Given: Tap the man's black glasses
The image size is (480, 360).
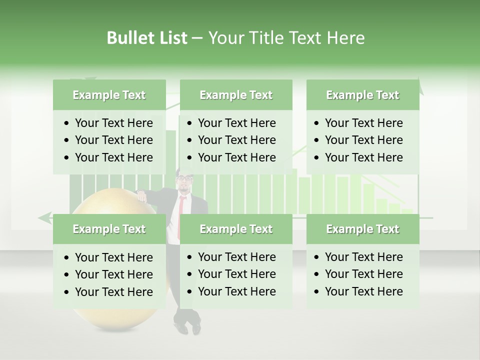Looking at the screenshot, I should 184,178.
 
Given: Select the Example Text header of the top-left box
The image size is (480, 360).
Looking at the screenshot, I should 109,95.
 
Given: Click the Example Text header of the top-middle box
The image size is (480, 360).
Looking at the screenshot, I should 236,95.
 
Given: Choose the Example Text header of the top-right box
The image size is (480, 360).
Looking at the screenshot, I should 362,95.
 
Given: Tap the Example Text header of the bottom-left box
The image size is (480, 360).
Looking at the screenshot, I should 109,229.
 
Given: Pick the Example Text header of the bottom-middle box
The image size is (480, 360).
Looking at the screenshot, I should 236,229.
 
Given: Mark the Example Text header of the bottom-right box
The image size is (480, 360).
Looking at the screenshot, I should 362,229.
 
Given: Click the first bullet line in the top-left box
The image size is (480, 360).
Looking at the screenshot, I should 113,123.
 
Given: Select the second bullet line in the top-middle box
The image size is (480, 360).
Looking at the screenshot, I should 236,140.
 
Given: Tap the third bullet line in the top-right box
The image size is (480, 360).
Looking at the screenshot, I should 363,157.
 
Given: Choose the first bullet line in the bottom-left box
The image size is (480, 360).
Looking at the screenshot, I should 113,257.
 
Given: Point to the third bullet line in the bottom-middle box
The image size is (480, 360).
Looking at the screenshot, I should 236,291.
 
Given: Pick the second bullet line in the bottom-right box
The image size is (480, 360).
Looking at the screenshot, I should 363,274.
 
